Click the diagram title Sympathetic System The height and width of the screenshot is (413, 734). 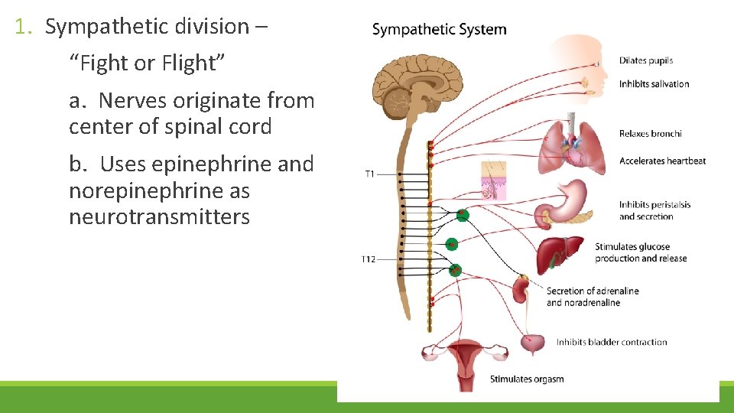(439, 30)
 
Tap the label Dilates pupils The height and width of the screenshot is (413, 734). (646, 60)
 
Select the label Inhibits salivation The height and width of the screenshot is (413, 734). (654, 84)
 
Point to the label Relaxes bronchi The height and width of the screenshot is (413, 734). (650, 134)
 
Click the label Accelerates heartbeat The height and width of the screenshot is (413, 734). (662, 161)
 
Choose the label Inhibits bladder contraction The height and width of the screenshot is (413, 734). (612, 342)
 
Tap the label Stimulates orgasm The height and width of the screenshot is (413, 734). (527, 379)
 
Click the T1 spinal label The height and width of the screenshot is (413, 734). (369, 174)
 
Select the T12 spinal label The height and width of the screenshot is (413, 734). (369, 260)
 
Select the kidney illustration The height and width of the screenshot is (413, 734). (521, 289)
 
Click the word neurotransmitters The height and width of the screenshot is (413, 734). (159, 217)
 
